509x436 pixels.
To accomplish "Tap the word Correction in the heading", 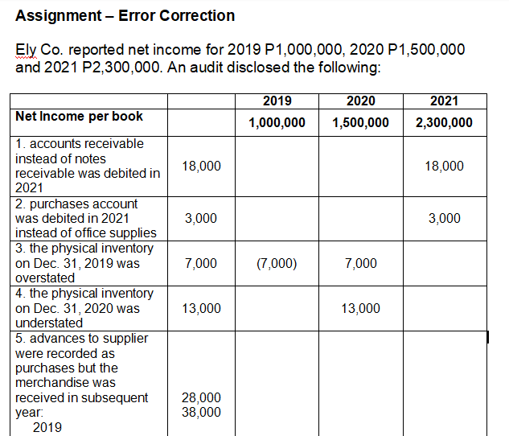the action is [199, 15].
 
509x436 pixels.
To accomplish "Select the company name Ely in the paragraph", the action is [27, 50].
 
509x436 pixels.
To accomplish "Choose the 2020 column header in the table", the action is [360, 101].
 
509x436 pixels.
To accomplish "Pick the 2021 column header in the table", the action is [444, 101].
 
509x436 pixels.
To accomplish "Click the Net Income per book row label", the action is [79, 117].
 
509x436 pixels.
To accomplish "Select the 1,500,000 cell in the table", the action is [360, 123].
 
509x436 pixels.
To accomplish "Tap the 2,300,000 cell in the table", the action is [444, 123].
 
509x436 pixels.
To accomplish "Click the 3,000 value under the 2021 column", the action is [444, 219].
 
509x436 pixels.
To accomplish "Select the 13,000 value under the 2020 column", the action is [360, 309].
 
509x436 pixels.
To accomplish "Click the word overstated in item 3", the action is [45, 278].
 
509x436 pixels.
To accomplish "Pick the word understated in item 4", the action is [49, 323].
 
